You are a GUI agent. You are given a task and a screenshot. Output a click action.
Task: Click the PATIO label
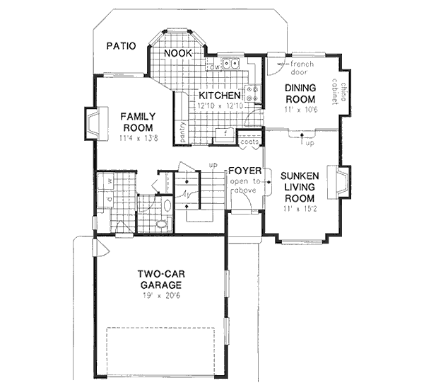122,46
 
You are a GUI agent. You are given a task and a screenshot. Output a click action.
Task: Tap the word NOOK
177,53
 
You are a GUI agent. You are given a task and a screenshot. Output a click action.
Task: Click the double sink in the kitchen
229,64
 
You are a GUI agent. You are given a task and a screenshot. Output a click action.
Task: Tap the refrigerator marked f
225,133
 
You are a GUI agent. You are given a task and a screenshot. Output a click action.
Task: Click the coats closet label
247,142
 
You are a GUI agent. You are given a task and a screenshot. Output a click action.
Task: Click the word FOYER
245,172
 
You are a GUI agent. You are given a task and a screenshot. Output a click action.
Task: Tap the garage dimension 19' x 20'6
160,297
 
